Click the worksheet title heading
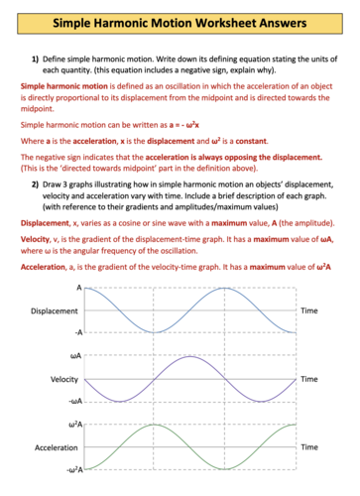(180, 20)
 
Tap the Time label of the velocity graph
(308, 380)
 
